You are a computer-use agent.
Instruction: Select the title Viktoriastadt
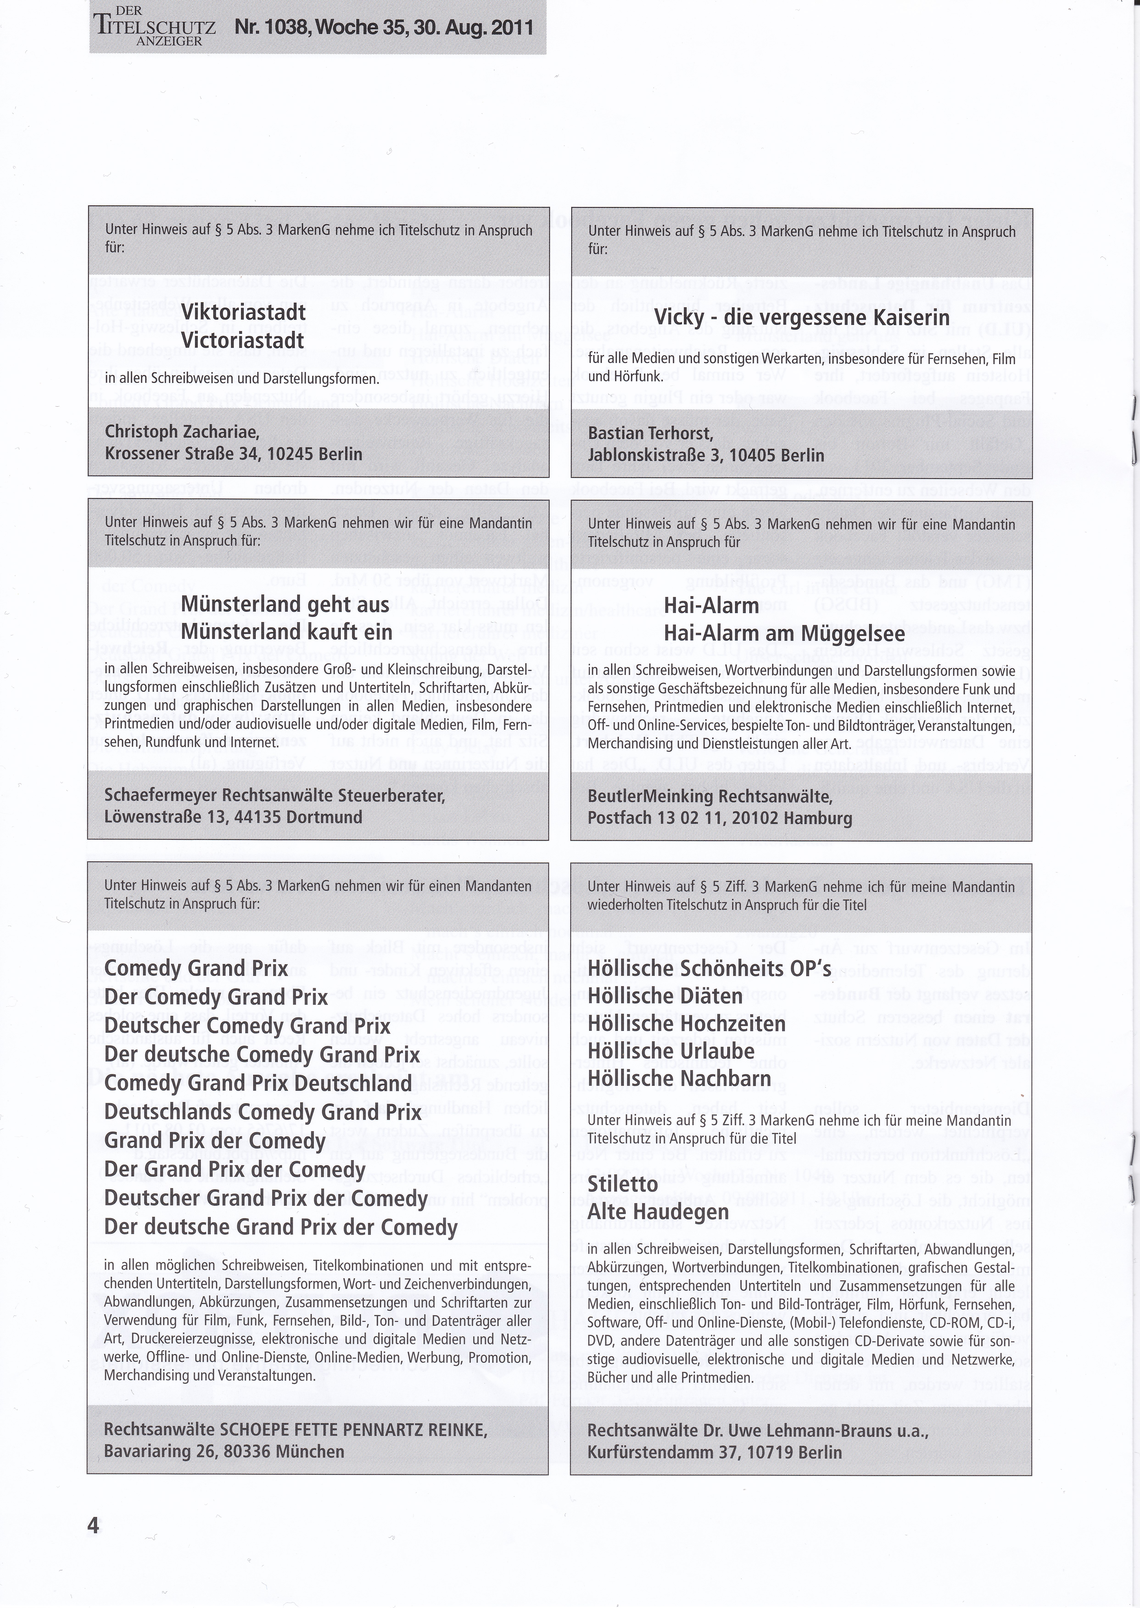(x=243, y=312)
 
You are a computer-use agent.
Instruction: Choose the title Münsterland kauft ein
(x=286, y=632)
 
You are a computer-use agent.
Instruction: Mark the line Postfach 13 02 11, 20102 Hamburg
(x=720, y=818)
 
